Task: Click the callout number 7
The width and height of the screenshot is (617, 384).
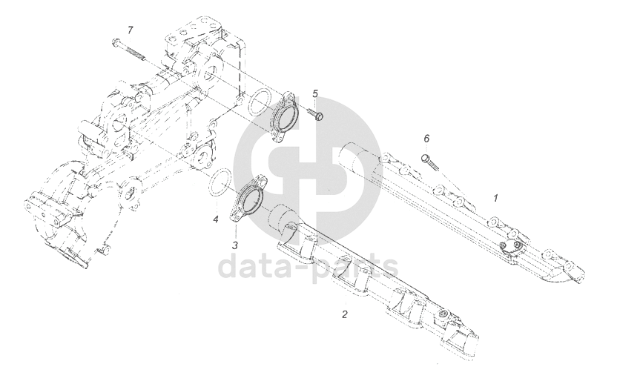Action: coord(130,30)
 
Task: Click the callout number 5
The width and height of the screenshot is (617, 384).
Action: coord(315,94)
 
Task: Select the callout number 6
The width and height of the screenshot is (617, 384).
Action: coord(426,139)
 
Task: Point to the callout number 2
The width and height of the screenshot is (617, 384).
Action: coord(344,314)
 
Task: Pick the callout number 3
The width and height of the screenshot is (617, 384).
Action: coord(234,245)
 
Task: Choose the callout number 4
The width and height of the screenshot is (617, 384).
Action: coord(215,219)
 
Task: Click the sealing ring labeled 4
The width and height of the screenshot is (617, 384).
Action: coord(217,185)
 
